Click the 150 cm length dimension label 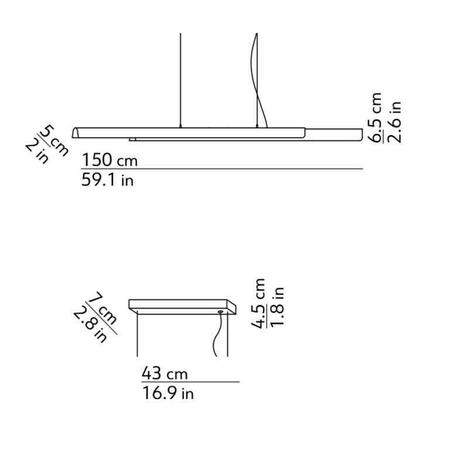click(x=110, y=160)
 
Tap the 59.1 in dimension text click(x=108, y=180)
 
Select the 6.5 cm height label click(x=376, y=117)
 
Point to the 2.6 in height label click(x=394, y=122)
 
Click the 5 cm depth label click(x=54, y=140)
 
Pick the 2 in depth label click(x=37, y=152)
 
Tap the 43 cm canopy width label click(x=165, y=374)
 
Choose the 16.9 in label click(x=168, y=393)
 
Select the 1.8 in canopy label click(x=277, y=306)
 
